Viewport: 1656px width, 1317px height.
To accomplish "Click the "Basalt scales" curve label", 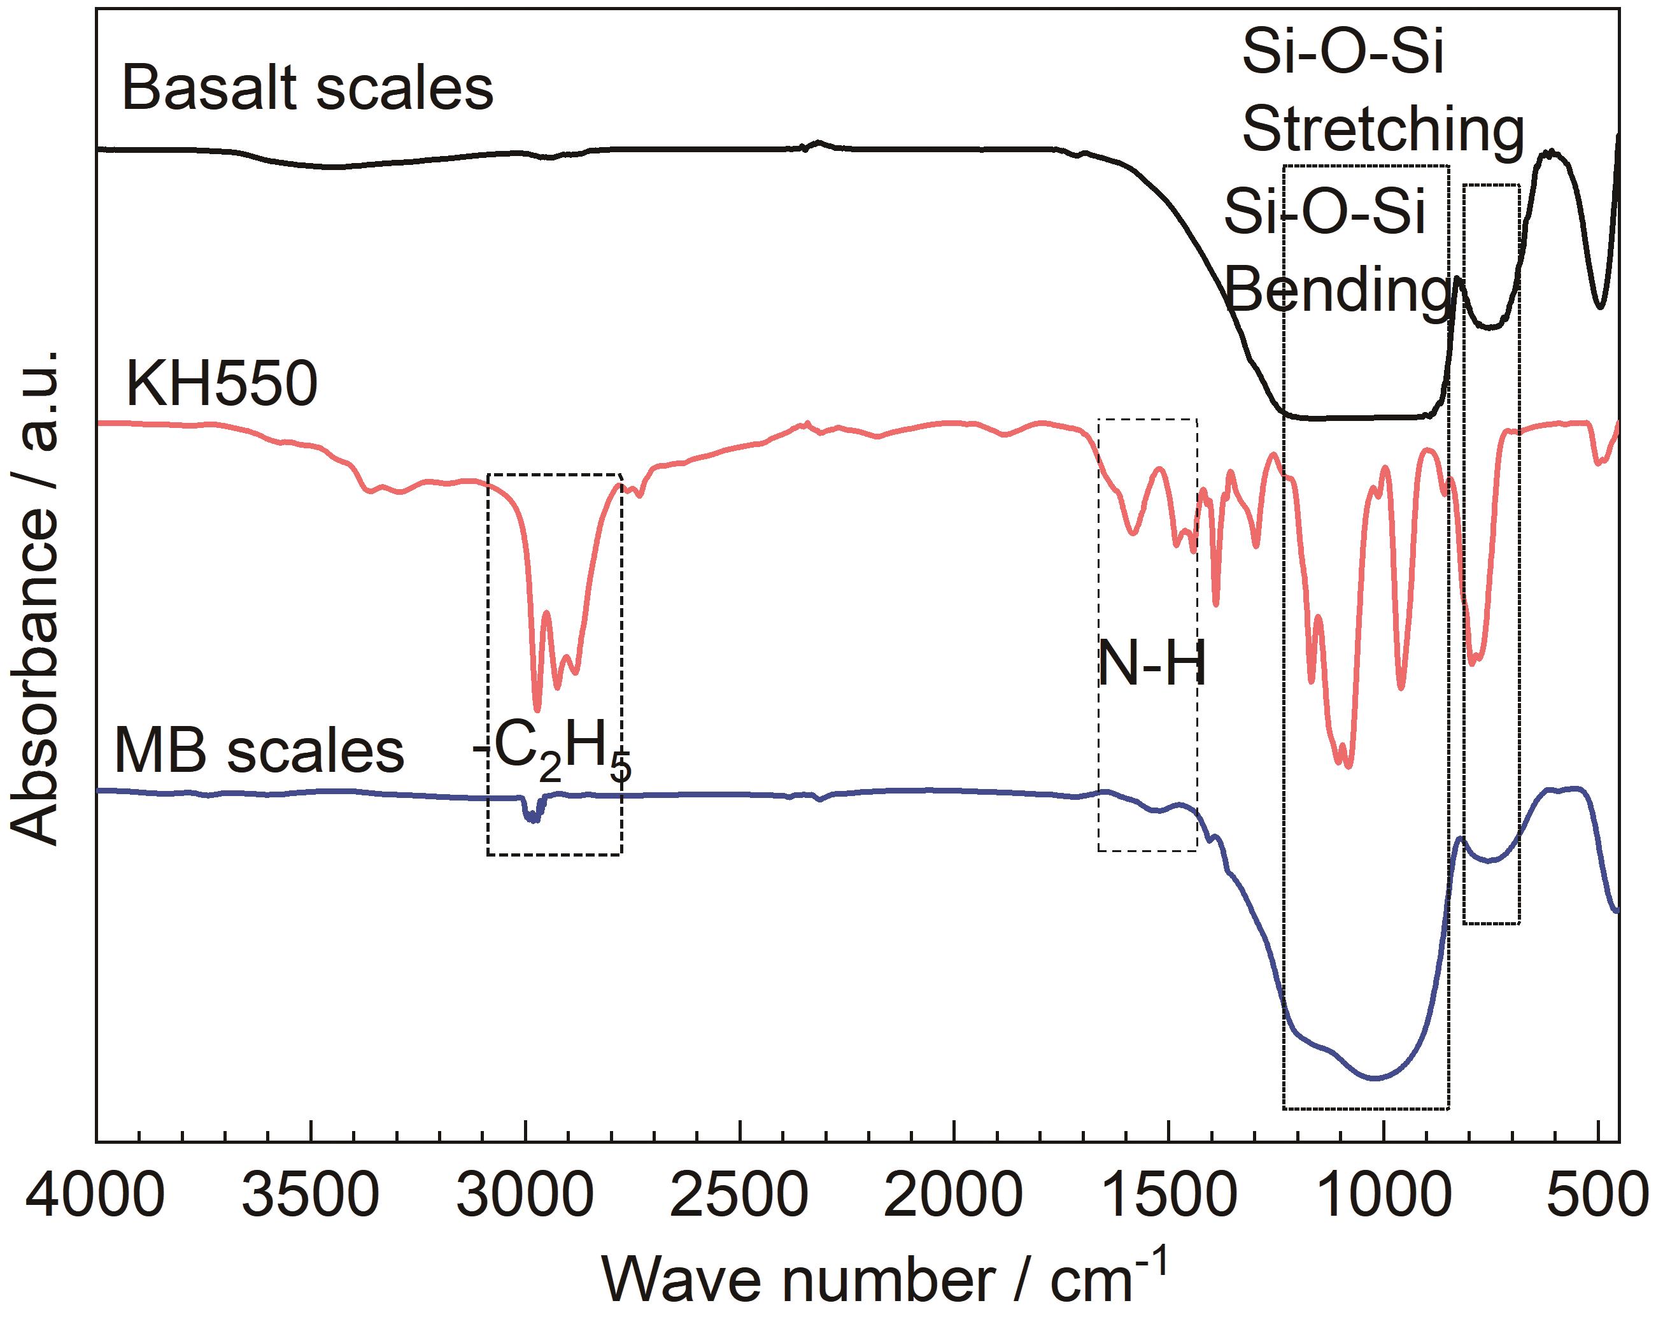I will click(308, 89).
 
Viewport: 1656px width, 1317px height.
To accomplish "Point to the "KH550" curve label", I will click(221, 384).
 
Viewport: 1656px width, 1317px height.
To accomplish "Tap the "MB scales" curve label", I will click(259, 751).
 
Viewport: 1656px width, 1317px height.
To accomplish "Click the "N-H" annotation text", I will click(1150, 664).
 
